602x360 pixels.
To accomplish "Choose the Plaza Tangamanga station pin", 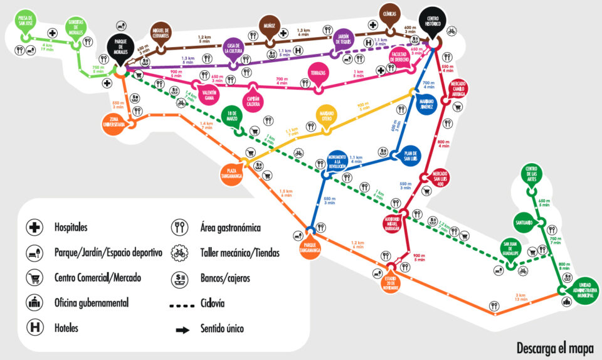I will click(x=231, y=171).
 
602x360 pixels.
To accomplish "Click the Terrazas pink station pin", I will click(x=318, y=73).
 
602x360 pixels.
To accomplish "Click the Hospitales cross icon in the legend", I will click(x=33, y=227).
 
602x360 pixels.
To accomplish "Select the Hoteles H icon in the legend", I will click(x=33, y=327).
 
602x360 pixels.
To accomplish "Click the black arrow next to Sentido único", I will click(x=182, y=329).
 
